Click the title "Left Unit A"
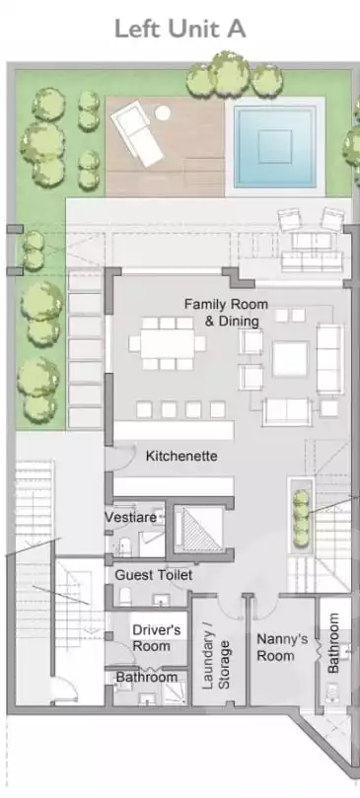(180, 29)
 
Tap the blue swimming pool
(275, 147)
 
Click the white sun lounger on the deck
(137, 133)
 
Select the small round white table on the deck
(163, 112)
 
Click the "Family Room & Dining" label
(226, 313)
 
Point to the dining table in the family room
(168, 343)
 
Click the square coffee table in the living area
(290, 359)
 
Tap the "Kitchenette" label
(181, 456)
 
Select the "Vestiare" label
(131, 518)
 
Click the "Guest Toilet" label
(153, 575)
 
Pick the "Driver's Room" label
(156, 637)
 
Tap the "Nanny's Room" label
(281, 647)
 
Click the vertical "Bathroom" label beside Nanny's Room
(332, 642)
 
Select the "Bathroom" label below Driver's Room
(147, 678)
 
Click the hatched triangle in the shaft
(201, 530)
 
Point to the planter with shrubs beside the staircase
(301, 516)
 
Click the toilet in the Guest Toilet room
(125, 596)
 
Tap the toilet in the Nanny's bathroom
(333, 692)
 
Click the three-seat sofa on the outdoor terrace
(312, 260)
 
